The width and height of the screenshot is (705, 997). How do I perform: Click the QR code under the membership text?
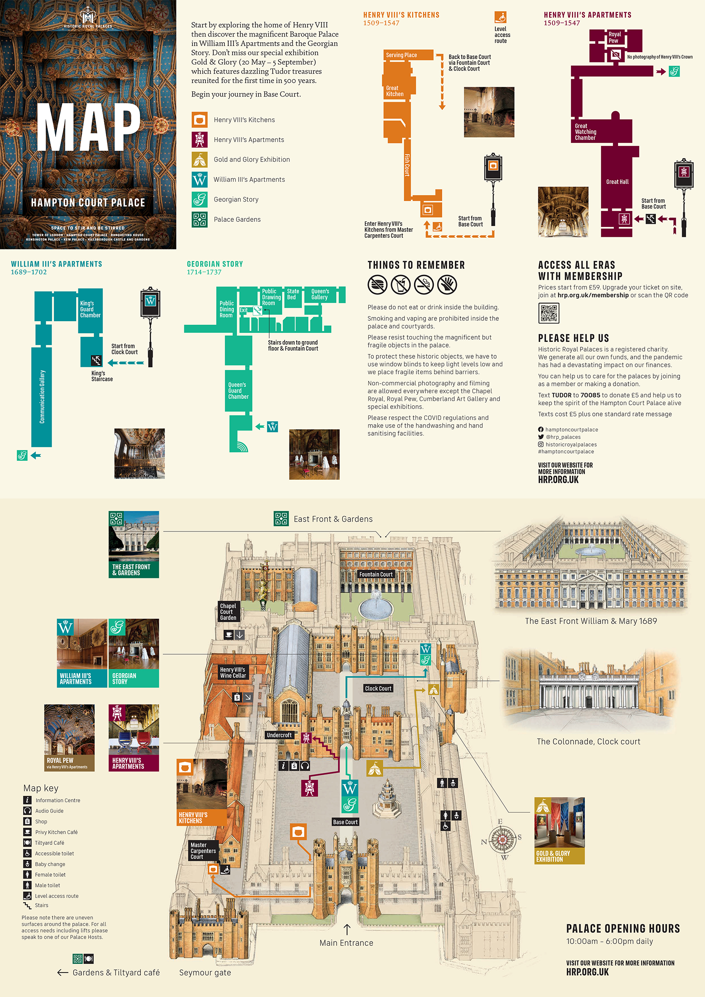tap(549, 313)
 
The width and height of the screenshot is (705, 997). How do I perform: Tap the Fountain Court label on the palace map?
tap(376, 574)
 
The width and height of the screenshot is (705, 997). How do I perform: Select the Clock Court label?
tap(378, 688)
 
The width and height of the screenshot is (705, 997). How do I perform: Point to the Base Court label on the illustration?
tap(345, 822)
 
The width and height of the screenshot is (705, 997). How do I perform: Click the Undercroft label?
tap(279, 735)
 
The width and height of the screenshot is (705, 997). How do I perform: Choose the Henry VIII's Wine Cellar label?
tap(233, 672)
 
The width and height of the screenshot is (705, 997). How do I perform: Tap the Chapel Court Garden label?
tap(228, 612)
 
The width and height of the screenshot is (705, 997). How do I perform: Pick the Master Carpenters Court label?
tap(203, 851)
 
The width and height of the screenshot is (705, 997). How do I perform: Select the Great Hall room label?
tap(617, 182)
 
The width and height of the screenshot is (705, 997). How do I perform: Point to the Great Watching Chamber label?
tap(586, 132)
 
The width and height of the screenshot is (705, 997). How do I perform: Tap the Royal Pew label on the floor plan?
tap(614, 37)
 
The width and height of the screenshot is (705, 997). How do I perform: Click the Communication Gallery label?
tap(42, 397)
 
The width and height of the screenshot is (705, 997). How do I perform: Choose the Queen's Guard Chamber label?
tap(238, 390)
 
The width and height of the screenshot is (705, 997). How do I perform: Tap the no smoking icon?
tap(424, 285)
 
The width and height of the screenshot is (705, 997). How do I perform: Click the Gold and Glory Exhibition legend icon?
tap(200, 159)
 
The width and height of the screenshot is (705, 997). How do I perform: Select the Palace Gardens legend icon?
tap(200, 219)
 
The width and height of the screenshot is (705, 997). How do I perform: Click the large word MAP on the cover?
tap(89, 127)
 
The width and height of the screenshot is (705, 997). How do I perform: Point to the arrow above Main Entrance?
tap(347, 929)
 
